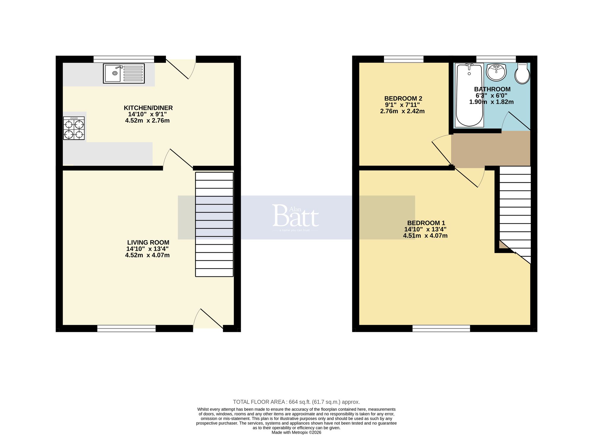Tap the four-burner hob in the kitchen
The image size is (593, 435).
[x=74, y=128]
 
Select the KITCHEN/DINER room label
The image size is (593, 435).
[x=148, y=108]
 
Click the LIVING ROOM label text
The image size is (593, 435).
[x=148, y=242]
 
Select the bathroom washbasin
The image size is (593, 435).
[x=496, y=72]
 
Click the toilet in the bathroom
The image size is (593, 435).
[x=522, y=73]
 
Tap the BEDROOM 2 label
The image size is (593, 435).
[x=403, y=98]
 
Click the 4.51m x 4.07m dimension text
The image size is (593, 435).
[x=425, y=236]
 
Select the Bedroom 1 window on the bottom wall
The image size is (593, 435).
[x=441, y=328]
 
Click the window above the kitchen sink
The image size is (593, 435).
[x=124, y=59]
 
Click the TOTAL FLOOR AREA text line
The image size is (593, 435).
[x=296, y=402]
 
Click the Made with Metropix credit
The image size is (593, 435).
[x=296, y=432]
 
